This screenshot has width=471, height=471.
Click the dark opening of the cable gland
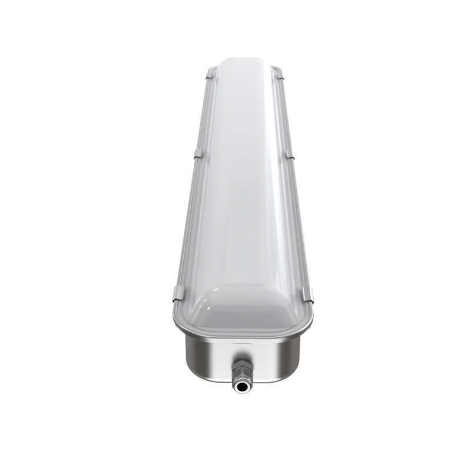240,387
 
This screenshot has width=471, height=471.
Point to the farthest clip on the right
280,75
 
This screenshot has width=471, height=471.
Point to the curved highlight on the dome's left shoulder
203,297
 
